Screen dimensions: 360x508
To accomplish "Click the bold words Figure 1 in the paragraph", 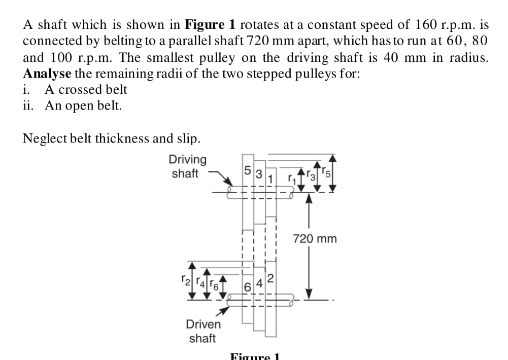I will point(211,24).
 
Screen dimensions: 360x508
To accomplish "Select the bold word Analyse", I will point(47,73).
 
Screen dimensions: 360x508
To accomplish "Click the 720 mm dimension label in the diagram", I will point(315,238).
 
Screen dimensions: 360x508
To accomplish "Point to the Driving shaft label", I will point(188,166).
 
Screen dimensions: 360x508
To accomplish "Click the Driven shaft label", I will point(203,331).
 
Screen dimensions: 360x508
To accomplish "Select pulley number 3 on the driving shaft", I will point(258,175).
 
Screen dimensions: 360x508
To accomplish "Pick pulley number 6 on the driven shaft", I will point(247,285).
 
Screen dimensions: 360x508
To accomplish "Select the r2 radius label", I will point(186,279).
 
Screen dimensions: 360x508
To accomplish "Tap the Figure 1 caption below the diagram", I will point(255,356).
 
